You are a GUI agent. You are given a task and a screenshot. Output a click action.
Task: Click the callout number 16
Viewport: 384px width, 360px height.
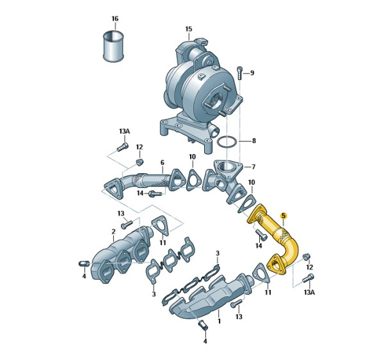coord(115,19)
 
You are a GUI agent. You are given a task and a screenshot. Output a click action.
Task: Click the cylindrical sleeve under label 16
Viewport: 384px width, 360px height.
coord(113,45)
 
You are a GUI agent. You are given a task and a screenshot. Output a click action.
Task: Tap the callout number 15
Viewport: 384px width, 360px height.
coord(189,29)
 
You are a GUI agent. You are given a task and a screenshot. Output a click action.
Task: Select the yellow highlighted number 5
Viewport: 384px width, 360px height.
coord(284,215)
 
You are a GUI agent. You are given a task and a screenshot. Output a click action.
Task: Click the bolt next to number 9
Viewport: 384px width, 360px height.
coord(239,73)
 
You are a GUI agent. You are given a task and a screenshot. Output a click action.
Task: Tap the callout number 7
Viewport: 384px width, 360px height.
coord(253,167)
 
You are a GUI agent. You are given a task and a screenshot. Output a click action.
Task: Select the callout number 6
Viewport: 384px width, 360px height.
coord(163,162)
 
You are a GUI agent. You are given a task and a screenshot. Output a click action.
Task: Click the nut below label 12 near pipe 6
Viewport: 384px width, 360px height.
coord(140,162)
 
